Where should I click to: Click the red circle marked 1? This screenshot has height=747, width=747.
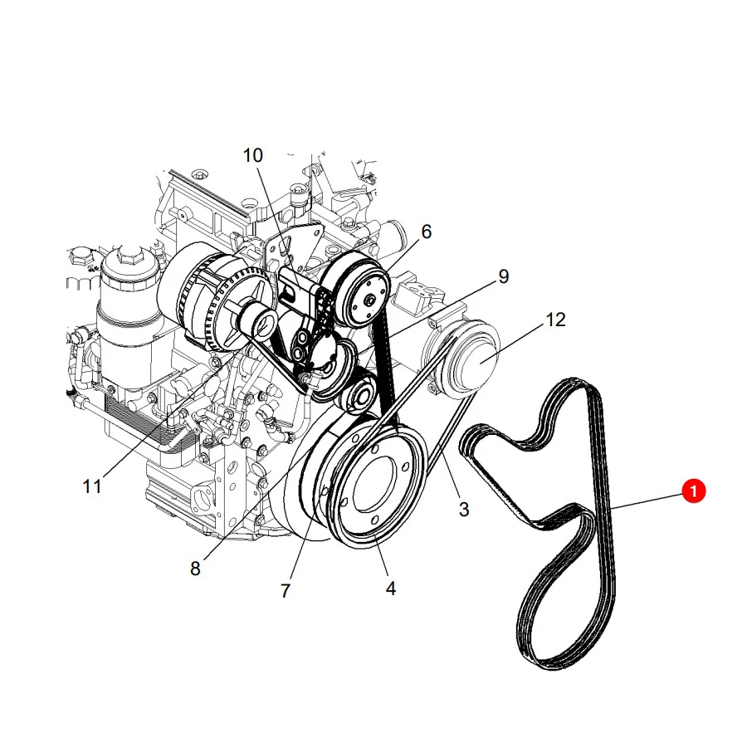tap(693, 491)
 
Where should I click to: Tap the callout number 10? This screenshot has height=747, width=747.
tap(252, 155)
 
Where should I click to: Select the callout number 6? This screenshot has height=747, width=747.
tap(427, 232)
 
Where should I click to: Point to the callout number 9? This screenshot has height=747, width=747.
tap(504, 276)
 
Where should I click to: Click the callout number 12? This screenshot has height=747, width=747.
tap(555, 320)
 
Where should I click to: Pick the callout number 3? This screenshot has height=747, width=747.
tap(463, 509)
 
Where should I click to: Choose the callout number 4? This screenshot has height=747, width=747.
tap(391, 588)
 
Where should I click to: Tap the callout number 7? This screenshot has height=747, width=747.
tap(286, 591)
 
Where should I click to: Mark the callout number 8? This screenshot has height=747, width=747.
tap(195, 569)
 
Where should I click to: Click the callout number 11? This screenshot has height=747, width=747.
tap(92, 486)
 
